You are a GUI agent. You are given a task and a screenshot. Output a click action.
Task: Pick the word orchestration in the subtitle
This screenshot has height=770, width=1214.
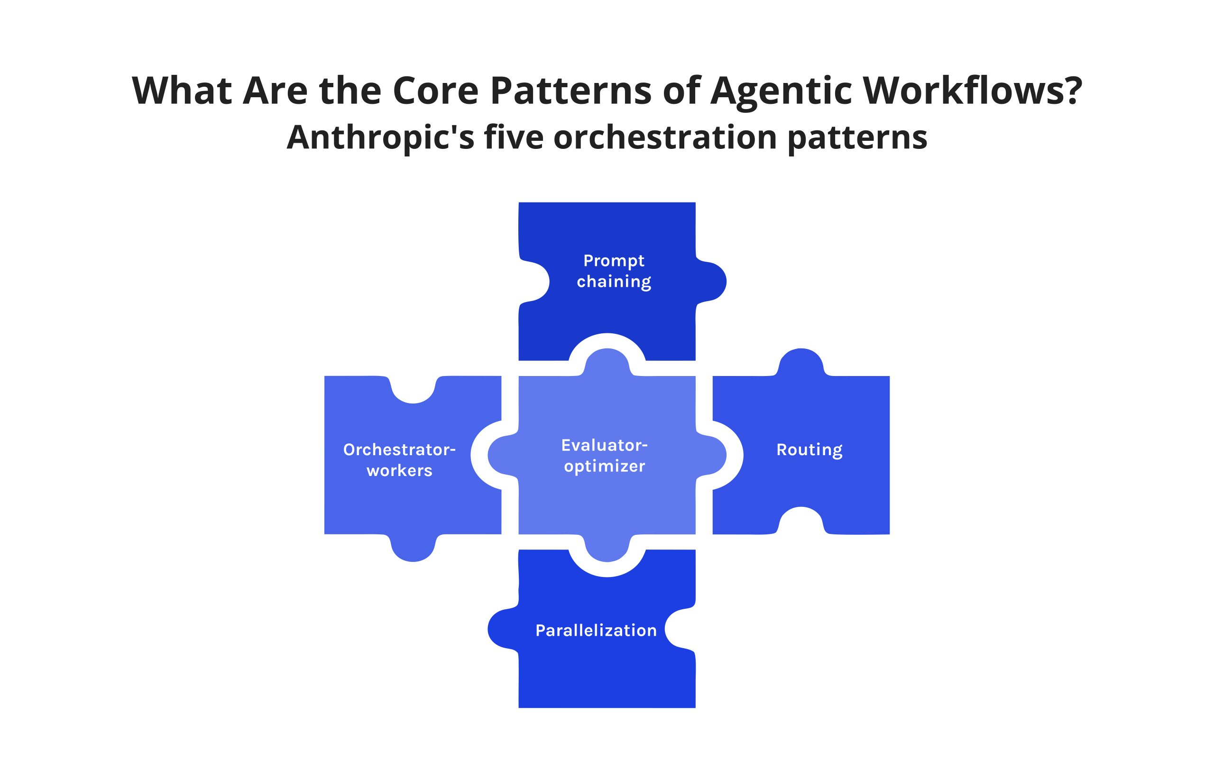pyautogui.click(x=665, y=137)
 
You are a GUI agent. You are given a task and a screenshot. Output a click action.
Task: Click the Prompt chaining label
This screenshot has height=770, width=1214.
pyautogui.click(x=614, y=271)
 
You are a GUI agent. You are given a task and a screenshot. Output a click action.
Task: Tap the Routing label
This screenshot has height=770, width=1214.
pyautogui.click(x=809, y=450)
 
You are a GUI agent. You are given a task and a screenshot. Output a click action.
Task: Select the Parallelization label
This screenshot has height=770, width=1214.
pyautogui.click(x=596, y=630)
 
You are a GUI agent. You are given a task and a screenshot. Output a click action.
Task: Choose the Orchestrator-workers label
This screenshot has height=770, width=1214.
pyautogui.click(x=399, y=459)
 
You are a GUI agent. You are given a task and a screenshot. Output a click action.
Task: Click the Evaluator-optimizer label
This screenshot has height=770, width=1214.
pyautogui.click(x=605, y=456)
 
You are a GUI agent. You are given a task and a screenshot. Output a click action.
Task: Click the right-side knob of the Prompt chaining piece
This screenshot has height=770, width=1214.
pyautogui.click(x=711, y=281)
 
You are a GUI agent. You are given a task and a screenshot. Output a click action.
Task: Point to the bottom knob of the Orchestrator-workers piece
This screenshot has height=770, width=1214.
pyautogui.click(x=414, y=548)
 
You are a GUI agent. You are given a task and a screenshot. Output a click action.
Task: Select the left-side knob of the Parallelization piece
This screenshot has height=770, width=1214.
pyautogui.click(x=503, y=628)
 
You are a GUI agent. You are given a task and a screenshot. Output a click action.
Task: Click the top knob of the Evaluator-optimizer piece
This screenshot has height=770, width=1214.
pyautogui.click(x=607, y=362)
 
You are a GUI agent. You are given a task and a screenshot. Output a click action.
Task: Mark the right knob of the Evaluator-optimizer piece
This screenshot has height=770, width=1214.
pyautogui.click(x=711, y=455)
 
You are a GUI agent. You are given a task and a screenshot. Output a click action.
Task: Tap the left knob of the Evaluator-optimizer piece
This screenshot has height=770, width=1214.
pyautogui.click(x=503, y=455)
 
